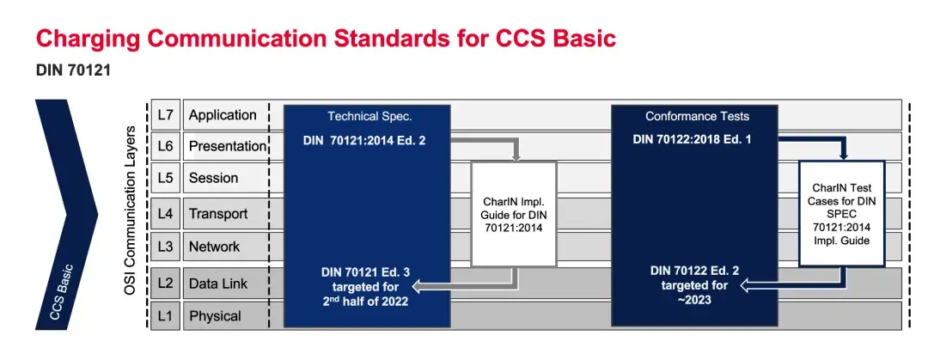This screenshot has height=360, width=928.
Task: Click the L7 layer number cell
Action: (165, 115)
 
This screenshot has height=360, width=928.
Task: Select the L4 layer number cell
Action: (165, 214)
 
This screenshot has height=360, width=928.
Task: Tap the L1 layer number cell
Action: (165, 315)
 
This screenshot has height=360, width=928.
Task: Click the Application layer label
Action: (223, 115)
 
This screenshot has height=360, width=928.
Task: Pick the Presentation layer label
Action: (227, 146)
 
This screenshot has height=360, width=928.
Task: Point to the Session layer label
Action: (213, 179)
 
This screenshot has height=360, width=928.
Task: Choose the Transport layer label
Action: (218, 214)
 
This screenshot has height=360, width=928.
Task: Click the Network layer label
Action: (214, 247)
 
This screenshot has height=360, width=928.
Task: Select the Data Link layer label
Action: (219, 283)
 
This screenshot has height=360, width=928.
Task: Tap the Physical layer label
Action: (215, 315)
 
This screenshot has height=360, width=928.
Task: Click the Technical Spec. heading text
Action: (369, 116)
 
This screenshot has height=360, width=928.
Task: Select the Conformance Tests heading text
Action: (697, 116)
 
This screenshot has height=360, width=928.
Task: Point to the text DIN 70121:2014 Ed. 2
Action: (364, 140)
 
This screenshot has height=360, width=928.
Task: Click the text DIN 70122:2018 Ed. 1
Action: (693, 140)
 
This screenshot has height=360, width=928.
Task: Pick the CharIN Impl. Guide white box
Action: (514, 214)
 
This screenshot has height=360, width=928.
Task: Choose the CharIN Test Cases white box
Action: (842, 214)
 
